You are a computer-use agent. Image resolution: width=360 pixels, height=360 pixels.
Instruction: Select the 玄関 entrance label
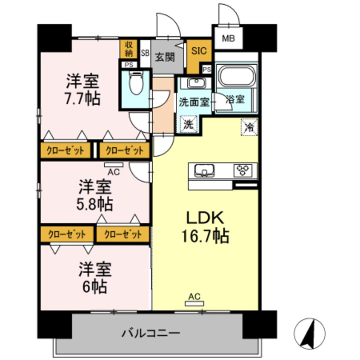point(164,57)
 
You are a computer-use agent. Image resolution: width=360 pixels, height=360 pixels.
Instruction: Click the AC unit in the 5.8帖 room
point(114,166)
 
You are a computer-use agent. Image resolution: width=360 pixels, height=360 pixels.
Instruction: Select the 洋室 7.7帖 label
point(83,90)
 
